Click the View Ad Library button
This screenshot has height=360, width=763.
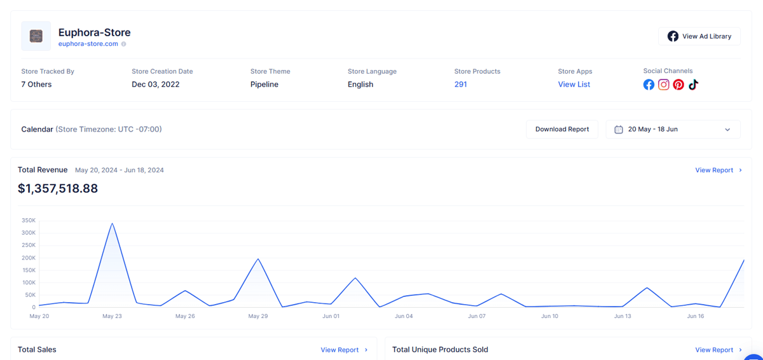pos(699,36)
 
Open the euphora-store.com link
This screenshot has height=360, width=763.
pos(88,44)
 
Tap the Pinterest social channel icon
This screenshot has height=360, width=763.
pos(678,85)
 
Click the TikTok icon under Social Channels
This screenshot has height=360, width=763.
pos(693,85)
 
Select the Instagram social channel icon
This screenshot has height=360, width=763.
pos(664,85)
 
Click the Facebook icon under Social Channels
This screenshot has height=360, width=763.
pos(649,85)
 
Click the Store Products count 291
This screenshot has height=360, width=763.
pos(460,85)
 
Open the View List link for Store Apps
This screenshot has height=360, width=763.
pos(574,85)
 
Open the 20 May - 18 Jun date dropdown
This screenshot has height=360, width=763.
pos(673,129)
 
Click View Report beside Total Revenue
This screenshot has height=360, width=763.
pos(718,170)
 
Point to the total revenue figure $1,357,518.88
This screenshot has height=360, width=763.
pos(58,188)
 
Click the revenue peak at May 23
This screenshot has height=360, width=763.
pos(112,223)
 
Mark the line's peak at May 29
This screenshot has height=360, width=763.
pos(258,259)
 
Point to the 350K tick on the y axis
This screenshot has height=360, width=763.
pos(29,220)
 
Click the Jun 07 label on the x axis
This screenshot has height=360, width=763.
pos(476,316)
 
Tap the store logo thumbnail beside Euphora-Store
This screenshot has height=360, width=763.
pos(36,36)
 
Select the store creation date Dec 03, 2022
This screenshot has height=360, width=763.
pos(156,85)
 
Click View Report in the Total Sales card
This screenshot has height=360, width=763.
pos(344,350)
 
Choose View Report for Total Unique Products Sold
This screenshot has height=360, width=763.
pos(718,350)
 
